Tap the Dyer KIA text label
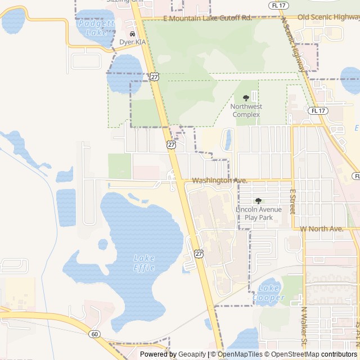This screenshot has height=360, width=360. (x=133, y=42)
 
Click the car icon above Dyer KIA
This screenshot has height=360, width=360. (x=133, y=34)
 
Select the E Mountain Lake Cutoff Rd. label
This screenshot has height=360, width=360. (x=207, y=19)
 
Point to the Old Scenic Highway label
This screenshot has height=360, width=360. (x=328, y=17)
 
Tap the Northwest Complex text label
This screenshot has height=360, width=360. (x=246, y=110)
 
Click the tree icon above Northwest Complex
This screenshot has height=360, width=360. (x=246, y=98)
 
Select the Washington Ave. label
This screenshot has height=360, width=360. (x=220, y=181)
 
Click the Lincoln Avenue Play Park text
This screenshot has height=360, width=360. (x=258, y=213)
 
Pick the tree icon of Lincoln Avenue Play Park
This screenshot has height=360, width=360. (x=258, y=201)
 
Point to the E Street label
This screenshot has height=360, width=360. (x=292, y=201)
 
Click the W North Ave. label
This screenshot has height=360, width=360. (x=322, y=229)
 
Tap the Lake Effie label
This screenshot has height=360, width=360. (x=144, y=263)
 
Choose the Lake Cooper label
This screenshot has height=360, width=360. (x=271, y=293)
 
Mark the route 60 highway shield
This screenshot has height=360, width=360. (x=94, y=334)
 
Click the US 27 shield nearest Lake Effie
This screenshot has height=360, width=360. (x=199, y=254)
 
